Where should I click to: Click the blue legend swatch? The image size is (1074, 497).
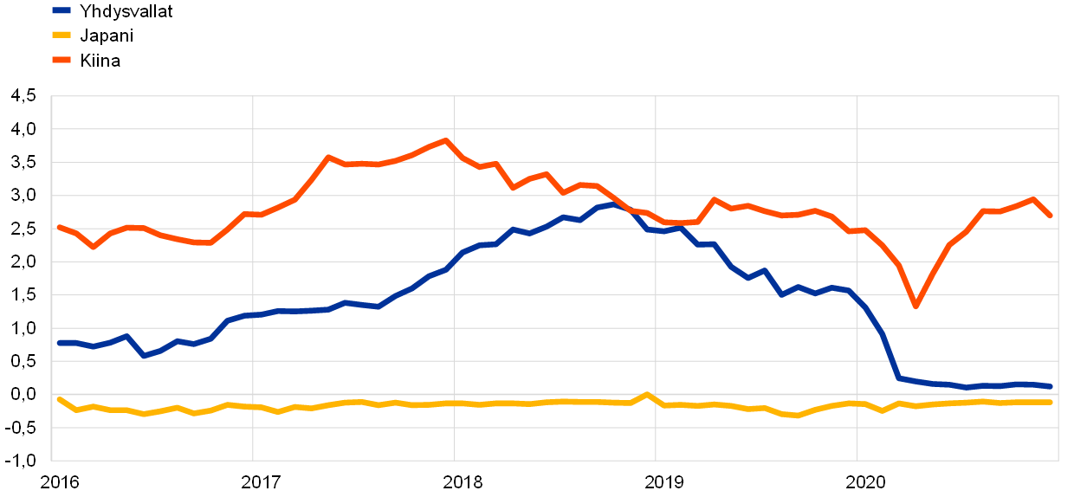coord(61,10)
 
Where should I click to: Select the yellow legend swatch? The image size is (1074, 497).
coord(61,35)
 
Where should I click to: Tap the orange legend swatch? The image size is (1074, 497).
coord(61,60)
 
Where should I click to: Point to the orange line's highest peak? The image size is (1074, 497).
coord(446,140)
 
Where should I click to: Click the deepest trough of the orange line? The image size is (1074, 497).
coord(915,306)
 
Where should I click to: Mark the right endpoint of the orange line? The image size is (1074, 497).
coord(1051,216)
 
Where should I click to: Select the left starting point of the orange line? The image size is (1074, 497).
coord(59,227)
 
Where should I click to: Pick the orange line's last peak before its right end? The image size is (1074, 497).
coord(1033,199)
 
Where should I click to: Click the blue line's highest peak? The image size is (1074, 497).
coord(613,204)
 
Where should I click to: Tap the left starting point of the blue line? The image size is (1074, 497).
coord(59,343)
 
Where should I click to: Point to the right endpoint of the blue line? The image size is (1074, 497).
coord(1051,386)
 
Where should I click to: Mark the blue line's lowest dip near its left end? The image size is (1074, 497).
coord(144,355)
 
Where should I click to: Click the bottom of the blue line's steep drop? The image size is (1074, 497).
coord(899,378)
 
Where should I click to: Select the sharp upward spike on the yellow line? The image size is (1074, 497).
coord(647,394)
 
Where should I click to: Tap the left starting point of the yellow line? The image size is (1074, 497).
coord(59,399)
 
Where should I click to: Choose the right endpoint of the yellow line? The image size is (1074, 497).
coord(1051,402)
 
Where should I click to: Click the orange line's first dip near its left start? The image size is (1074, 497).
coord(94,247)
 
